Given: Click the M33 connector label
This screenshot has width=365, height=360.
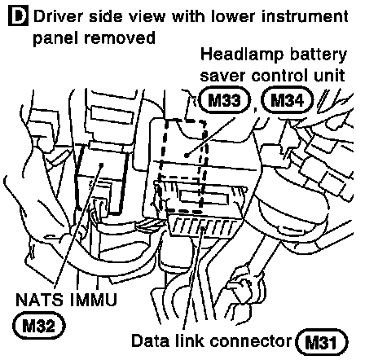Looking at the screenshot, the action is point(224,100).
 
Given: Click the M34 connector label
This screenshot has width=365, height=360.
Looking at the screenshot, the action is point(287,100).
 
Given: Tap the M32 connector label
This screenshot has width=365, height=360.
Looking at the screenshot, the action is point(39,326).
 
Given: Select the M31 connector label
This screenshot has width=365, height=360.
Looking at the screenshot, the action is point(321,342).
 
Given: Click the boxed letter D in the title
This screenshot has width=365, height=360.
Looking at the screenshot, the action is point(18,16).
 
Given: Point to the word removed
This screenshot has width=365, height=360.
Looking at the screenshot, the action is point(120,37).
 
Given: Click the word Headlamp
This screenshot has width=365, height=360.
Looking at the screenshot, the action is point(241,55).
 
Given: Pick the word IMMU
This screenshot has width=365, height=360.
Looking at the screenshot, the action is point(93,300).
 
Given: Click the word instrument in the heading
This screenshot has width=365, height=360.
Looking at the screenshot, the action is point(305,16).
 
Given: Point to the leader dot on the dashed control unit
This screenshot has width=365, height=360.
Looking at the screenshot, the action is point(187,156).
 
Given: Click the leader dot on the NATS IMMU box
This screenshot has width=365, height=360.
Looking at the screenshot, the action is point(101,165).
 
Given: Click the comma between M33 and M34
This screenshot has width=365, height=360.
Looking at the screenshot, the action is point(255,109).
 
